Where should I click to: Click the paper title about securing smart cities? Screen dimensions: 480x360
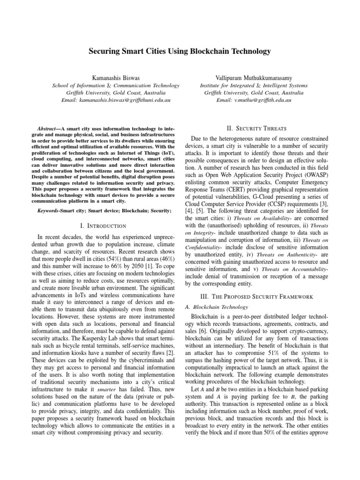pos(180,50)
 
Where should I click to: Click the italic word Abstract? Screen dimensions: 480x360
pos(48,128)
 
